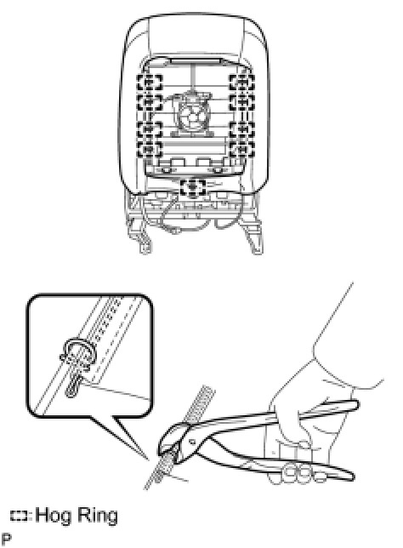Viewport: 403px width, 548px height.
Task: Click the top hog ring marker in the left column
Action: pyautogui.click(x=150, y=83)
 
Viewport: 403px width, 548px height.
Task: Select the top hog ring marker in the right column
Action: pyautogui.click(x=241, y=83)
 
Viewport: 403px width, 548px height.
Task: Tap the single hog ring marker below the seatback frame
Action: pyautogui.click(x=192, y=187)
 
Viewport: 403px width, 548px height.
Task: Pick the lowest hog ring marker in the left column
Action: pyautogui.click(x=150, y=149)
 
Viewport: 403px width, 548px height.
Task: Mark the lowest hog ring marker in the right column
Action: pyautogui.click(x=241, y=149)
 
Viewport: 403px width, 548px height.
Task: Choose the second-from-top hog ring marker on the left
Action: pyautogui.click(x=150, y=102)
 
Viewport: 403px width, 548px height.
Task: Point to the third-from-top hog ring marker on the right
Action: pyautogui.click(x=241, y=129)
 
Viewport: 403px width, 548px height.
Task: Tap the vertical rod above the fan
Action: pyautogui.click(x=192, y=77)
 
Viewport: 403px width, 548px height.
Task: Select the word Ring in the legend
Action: pyautogui.click(x=96, y=517)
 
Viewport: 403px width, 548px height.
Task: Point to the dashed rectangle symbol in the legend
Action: pyautogui.click(x=20, y=517)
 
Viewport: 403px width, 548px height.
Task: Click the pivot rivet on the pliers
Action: pyautogui.click(x=190, y=441)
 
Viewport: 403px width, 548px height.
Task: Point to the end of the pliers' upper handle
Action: pyautogui.click(x=356, y=405)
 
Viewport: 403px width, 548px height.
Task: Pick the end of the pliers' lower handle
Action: pyautogui.click(x=352, y=477)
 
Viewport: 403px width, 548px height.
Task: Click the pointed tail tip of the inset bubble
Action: pyautogui.click(x=148, y=460)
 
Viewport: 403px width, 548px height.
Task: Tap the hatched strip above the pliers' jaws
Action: pyautogui.click(x=201, y=405)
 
